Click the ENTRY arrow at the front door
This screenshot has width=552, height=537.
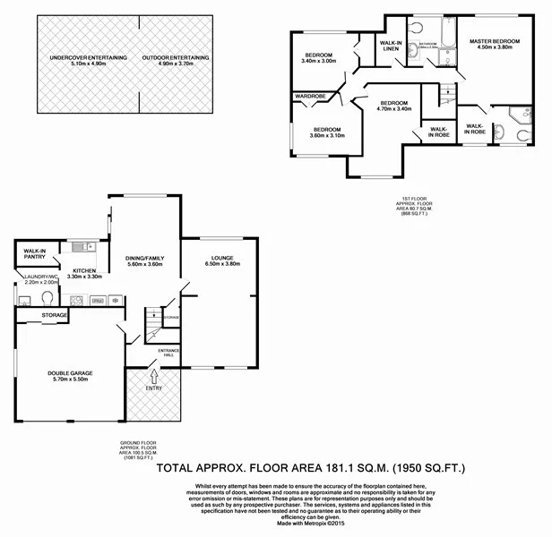click(153, 377)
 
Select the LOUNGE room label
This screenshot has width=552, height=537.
click(222, 260)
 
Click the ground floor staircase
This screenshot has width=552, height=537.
click(153, 316)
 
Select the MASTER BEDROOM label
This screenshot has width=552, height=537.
click(495, 44)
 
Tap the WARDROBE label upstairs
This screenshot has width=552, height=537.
click(309, 96)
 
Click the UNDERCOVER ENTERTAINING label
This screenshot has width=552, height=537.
click(89, 60)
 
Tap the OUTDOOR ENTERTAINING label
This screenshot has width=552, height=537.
click(183, 60)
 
